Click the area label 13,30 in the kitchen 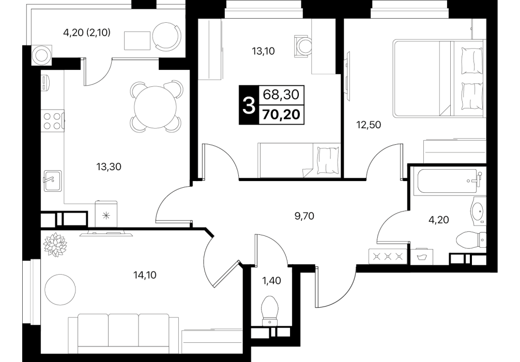click(x=109, y=167)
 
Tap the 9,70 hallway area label click(x=304, y=216)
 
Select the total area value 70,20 click(x=281, y=114)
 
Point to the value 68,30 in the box click(x=281, y=95)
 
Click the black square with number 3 click(x=248, y=105)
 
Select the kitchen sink click(x=52, y=180)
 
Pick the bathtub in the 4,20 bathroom click(x=447, y=182)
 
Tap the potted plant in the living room click(x=55, y=245)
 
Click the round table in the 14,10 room click(x=60, y=289)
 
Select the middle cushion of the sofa click(x=124, y=334)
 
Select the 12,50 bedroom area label click(x=369, y=125)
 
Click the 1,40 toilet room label click(x=271, y=281)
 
